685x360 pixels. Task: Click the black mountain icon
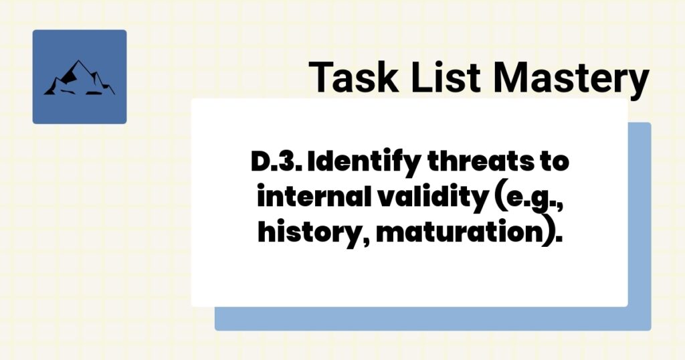coord(79,78)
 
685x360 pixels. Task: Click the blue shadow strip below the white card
coord(428,319)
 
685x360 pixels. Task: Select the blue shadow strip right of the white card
coord(639,221)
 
